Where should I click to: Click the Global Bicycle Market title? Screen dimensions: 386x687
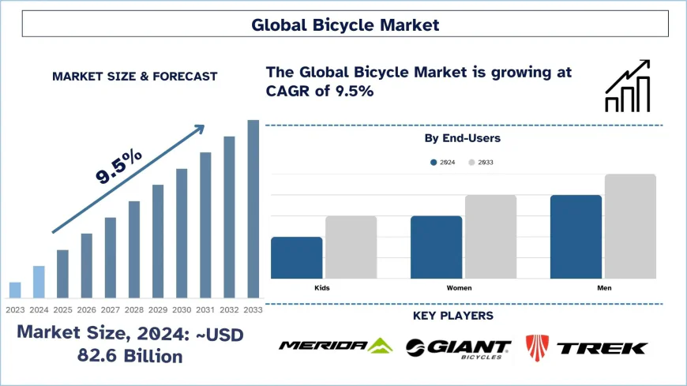click(344, 25)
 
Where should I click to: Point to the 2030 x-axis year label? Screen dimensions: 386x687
click(182, 309)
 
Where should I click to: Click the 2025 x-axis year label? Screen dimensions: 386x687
click(62, 309)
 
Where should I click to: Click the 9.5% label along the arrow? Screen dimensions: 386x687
click(119, 167)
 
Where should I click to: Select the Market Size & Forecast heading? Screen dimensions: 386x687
click(134, 77)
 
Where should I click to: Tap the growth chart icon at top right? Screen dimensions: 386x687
click(627, 86)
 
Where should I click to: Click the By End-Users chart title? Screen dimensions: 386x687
click(463, 138)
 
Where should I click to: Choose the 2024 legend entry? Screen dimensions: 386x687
click(442, 162)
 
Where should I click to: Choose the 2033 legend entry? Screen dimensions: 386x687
click(481, 162)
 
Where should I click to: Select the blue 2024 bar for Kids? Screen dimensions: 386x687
click(297, 257)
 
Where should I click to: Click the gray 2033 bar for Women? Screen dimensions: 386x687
click(490, 237)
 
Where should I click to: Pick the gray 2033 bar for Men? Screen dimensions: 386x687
click(630, 227)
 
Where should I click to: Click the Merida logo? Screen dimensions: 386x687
click(335, 346)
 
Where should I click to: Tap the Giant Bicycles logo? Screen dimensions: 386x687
click(459, 347)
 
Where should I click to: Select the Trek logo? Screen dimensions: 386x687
click(587, 347)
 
